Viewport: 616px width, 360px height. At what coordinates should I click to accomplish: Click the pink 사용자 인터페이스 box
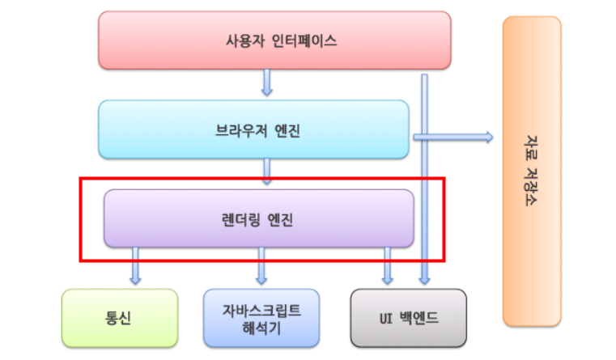point(274,40)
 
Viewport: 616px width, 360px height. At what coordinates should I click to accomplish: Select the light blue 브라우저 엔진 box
point(253,129)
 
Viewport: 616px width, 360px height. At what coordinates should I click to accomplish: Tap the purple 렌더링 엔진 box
point(259,218)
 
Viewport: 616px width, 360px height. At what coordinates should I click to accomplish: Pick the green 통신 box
point(119,317)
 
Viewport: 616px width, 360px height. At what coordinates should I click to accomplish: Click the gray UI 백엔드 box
point(408,317)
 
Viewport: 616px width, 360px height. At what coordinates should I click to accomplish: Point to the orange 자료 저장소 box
point(531,172)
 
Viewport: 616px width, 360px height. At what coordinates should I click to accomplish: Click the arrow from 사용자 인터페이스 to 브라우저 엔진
point(266,84)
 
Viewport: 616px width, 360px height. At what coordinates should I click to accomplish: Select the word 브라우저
point(236,130)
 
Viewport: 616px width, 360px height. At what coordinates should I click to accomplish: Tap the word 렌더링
point(240,218)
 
